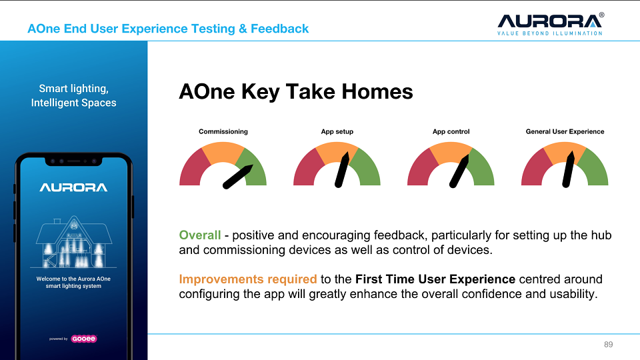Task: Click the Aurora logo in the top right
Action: pos(550,24)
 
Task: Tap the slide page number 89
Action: pos(608,345)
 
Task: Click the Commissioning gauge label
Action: pos(223,131)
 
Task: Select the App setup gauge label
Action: pos(337,131)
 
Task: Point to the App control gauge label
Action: pos(451,131)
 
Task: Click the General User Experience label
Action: pos(565,131)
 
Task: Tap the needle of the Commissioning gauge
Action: pos(238,177)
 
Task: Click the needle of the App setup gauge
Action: pos(342,170)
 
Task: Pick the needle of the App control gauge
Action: pos(459,171)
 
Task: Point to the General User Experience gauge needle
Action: pos(568,169)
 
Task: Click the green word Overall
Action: pos(199,235)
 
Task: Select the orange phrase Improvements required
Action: pos(248,279)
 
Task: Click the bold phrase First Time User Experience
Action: pos(435,279)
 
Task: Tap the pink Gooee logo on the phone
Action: pos(84,339)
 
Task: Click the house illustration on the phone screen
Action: pos(73,241)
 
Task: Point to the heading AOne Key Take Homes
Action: pos(296,91)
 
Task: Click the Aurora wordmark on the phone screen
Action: pos(73,187)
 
